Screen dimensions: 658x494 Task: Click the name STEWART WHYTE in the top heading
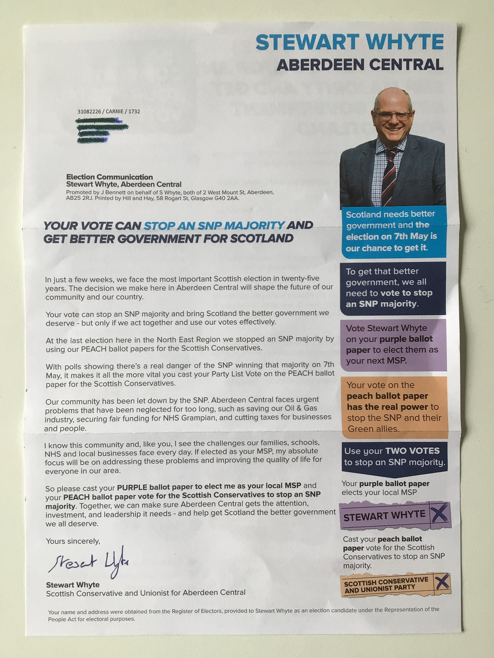[350, 42]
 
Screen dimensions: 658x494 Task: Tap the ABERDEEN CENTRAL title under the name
[360, 65]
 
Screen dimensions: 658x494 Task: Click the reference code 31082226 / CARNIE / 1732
[109, 112]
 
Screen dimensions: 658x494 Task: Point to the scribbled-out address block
[101, 130]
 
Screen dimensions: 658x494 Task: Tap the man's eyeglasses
[393, 115]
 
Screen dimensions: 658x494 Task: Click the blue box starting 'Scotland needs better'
[393, 231]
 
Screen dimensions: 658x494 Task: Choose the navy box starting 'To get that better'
[393, 288]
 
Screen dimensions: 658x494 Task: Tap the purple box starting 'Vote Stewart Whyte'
[393, 345]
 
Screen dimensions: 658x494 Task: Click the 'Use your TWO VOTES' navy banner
[394, 457]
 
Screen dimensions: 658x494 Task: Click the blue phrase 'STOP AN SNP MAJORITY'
[214, 226]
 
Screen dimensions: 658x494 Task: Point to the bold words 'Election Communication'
[110, 177]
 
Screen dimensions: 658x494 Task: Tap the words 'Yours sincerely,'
[73, 541]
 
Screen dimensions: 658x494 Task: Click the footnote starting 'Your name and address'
[243, 614]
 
